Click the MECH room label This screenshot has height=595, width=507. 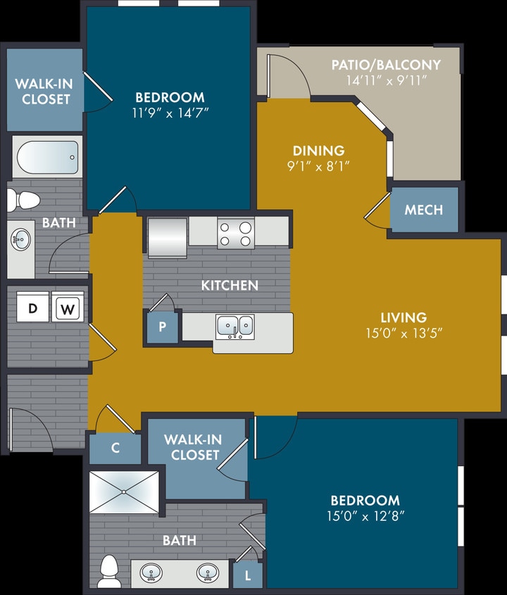click(424, 209)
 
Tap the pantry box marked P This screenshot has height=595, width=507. click(162, 328)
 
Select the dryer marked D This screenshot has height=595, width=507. click(32, 307)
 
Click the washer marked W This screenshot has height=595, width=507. click(68, 307)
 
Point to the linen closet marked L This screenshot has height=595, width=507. click(247, 575)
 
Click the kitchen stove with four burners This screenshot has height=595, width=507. click(235, 233)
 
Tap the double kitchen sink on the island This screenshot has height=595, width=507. click(235, 326)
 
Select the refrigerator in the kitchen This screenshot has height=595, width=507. click(167, 237)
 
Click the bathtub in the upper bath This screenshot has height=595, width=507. click(46, 157)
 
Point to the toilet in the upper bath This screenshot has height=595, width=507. click(23, 200)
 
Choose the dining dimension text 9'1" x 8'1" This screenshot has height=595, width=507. click(319, 166)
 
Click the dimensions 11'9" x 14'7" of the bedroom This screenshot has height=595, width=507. click(170, 112)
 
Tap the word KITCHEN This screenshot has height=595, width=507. click(229, 286)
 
